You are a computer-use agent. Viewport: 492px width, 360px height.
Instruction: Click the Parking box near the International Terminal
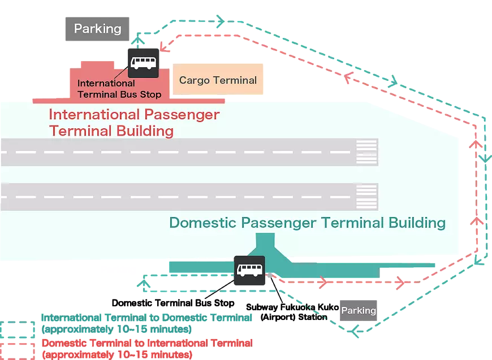97,28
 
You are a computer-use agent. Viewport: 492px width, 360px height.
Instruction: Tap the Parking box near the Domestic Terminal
358,310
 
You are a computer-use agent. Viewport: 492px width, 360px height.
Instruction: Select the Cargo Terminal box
218,80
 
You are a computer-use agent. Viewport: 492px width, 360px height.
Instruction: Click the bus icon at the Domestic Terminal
249,270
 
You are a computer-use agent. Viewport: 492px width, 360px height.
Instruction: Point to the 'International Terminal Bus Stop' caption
119,89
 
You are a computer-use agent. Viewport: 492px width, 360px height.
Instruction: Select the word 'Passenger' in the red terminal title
181,114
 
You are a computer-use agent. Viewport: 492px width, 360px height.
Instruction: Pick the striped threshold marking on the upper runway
366,152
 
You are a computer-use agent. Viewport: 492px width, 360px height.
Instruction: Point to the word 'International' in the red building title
93,114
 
